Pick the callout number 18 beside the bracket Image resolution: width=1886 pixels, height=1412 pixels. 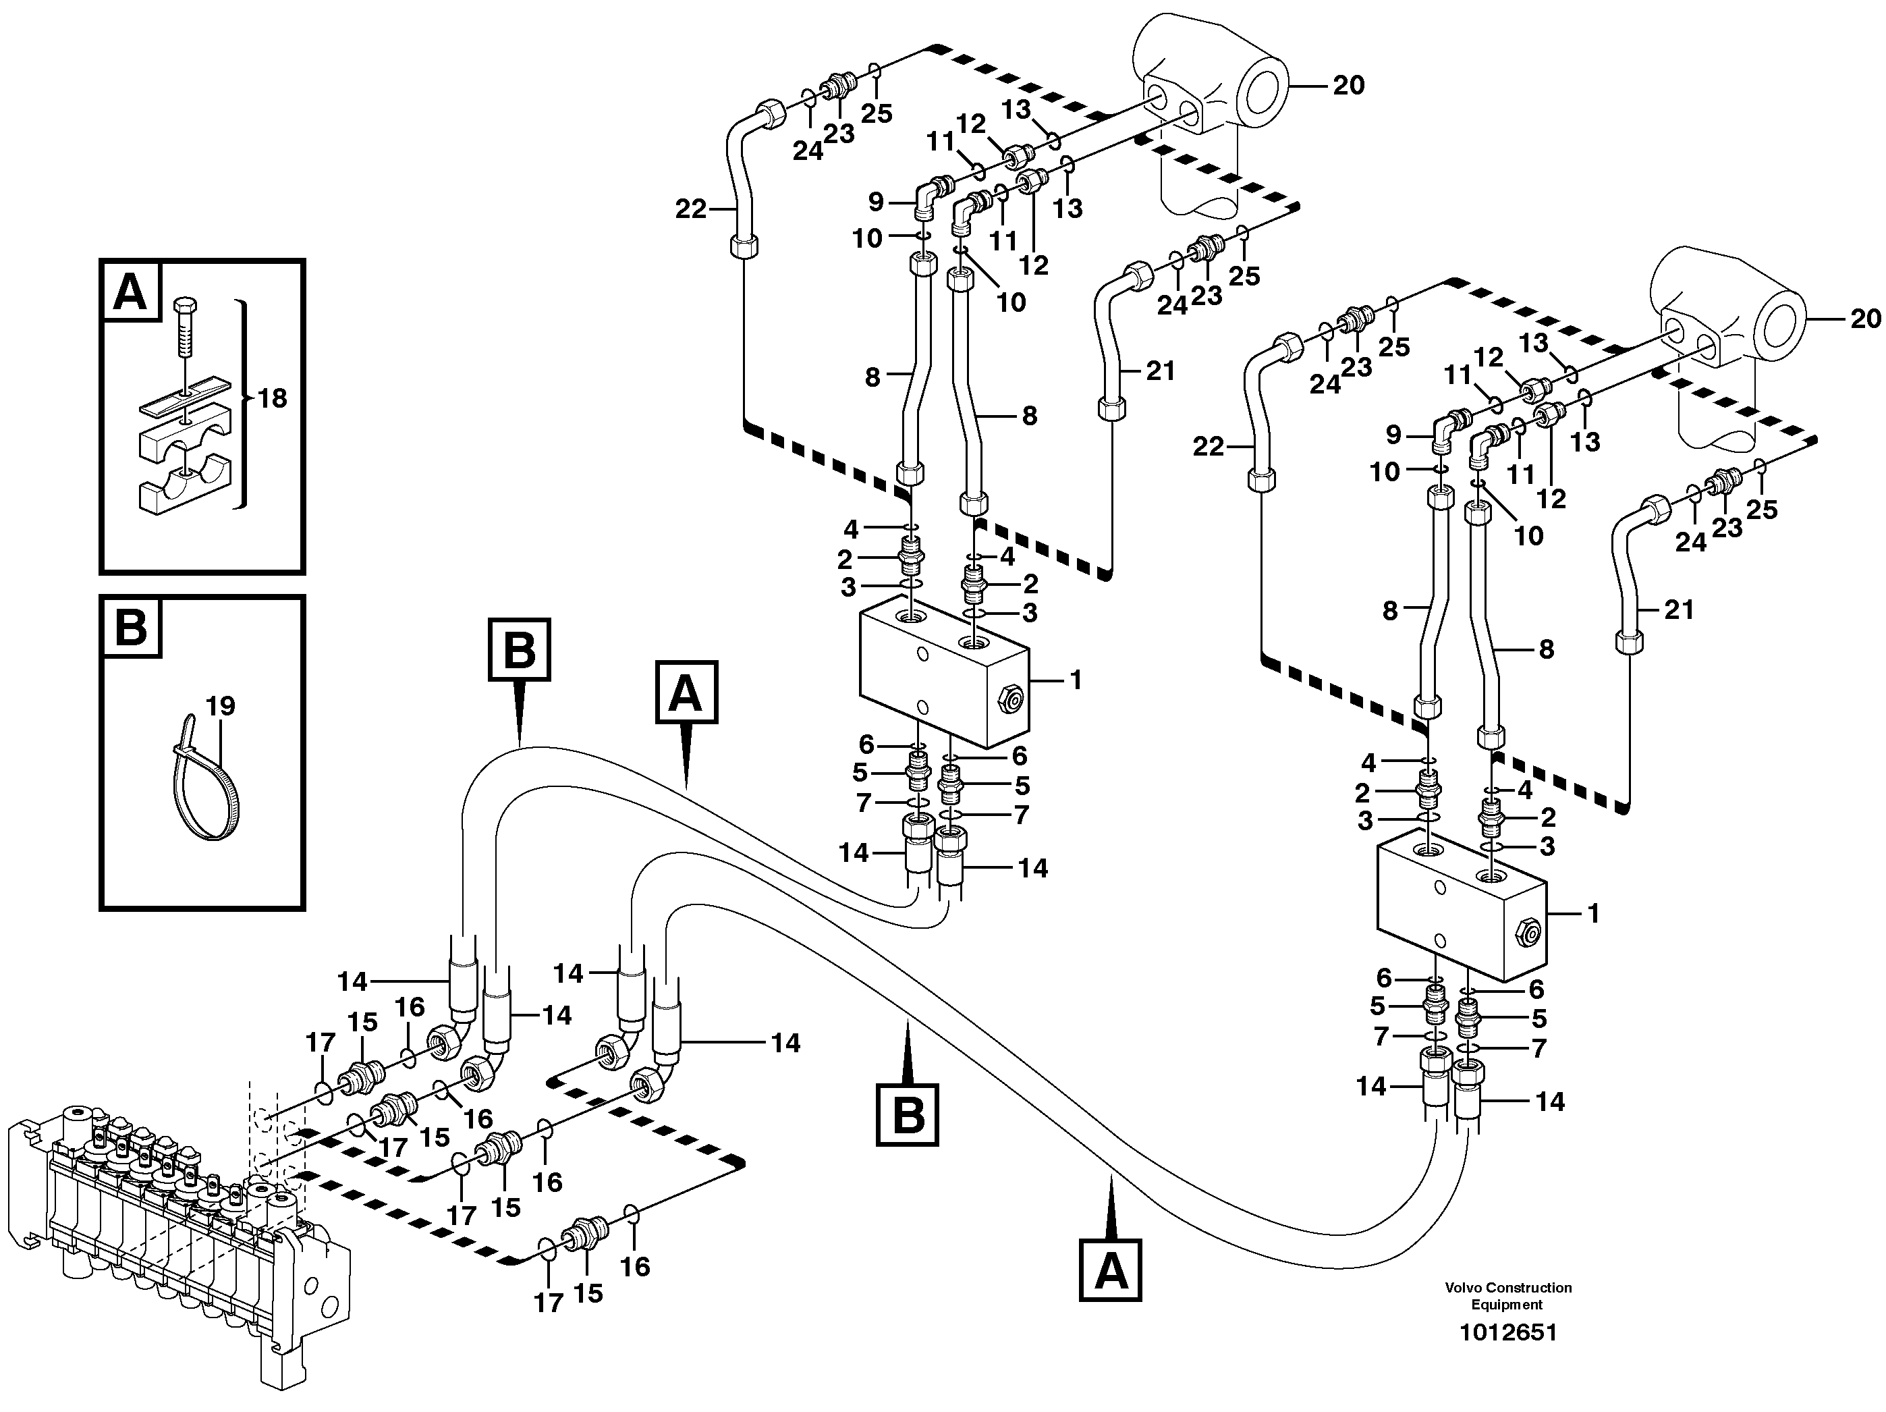[272, 398]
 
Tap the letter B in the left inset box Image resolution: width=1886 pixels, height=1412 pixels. [130, 627]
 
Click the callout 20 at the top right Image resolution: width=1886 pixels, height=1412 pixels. [1348, 85]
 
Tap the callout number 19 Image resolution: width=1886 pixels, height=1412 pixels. [220, 705]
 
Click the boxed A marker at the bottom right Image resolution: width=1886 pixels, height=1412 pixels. [1110, 1270]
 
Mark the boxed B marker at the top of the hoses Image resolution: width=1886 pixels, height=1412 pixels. [520, 650]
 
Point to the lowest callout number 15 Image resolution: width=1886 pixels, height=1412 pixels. [588, 1293]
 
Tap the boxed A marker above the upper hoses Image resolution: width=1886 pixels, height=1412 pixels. [686, 693]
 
